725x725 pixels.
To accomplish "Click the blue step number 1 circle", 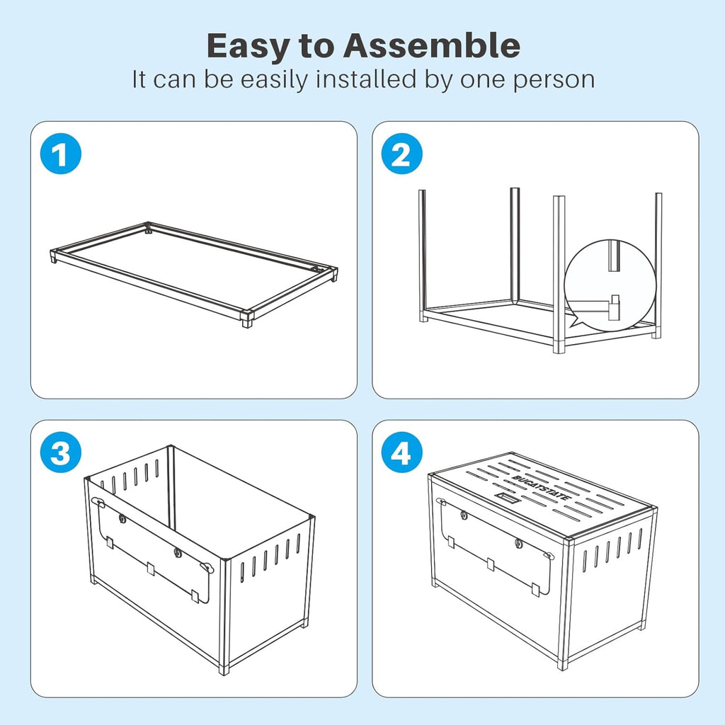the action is tap(61, 154).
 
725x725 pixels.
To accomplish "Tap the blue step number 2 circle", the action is tap(401, 154).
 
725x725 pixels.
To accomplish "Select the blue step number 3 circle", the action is tap(61, 452).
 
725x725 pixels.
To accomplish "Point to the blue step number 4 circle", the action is tap(401, 452).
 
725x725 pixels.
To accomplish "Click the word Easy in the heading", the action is tap(247, 47).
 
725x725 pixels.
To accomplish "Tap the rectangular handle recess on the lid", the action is tap(508, 498).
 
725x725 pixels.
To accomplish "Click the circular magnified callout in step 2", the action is tap(610, 285).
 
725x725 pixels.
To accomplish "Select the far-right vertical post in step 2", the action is tap(658, 266).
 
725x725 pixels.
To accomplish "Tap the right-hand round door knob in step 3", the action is tap(177, 552).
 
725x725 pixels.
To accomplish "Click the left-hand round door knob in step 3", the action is tap(122, 519).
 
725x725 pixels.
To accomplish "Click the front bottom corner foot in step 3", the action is tap(224, 670).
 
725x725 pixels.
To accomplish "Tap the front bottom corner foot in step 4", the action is tap(562, 665).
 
